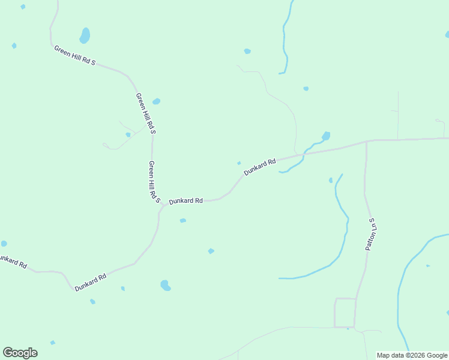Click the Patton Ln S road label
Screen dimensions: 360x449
click(371, 234)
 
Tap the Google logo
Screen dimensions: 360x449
click(20, 353)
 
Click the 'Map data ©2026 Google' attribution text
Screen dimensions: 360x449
click(412, 355)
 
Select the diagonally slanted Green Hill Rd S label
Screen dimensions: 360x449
click(75, 55)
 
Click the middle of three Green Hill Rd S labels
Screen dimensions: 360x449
click(145, 113)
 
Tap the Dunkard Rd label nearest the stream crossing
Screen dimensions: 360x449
click(260, 167)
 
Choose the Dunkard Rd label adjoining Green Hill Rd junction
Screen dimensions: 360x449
click(185, 201)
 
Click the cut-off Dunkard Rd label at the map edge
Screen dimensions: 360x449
click(12, 260)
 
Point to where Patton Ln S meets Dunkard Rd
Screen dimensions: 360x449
click(366, 142)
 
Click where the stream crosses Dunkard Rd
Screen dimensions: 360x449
click(303, 154)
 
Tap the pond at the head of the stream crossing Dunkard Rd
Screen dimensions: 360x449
click(326, 136)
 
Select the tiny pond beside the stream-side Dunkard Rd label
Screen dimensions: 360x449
click(239, 163)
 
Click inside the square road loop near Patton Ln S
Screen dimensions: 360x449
click(345, 313)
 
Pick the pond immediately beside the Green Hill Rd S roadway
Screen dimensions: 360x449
click(156, 101)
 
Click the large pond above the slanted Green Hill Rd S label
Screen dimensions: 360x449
click(85, 35)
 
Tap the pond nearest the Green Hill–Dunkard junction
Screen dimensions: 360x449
click(182, 221)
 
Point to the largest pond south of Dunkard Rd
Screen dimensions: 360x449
click(165, 285)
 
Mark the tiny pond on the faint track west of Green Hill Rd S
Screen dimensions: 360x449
click(128, 134)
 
